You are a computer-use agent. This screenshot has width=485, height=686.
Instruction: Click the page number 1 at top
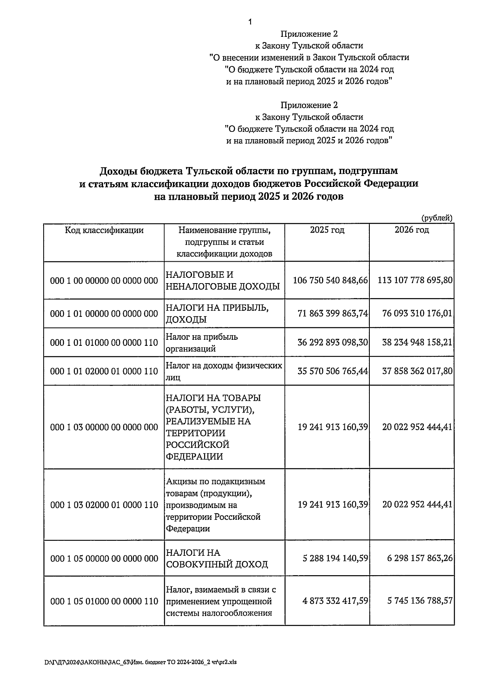[x=250, y=22]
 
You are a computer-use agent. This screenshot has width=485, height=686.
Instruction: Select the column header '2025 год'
[x=327, y=230]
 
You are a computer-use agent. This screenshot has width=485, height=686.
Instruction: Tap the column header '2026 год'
[x=411, y=230]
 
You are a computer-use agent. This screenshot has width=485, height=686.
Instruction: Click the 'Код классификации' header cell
[x=104, y=231]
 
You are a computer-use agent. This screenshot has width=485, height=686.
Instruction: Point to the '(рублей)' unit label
[x=437, y=218]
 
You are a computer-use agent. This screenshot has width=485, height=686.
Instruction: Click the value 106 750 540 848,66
[x=330, y=280]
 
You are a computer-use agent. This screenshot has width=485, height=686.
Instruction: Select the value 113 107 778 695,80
[x=415, y=280]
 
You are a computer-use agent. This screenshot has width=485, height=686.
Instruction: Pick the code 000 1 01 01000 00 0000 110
[x=104, y=343]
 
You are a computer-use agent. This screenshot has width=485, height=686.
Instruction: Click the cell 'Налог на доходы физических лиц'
[x=224, y=371]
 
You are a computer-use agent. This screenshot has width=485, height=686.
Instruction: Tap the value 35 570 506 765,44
[x=332, y=371]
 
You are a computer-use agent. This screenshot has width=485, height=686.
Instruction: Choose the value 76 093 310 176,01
[x=417, y=313]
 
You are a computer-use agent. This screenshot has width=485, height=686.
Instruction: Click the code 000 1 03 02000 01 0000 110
[x=104, y=505]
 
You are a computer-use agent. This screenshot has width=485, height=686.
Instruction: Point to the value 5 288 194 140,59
[x=335, y=558]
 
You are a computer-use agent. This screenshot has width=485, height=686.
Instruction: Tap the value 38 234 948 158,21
[x=417, y=343]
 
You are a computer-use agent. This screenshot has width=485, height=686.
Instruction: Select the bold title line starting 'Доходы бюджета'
[x=249, y=171]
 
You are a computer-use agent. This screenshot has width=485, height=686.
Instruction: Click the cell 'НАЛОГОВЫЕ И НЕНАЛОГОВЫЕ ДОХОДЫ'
[x=223, y=281]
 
